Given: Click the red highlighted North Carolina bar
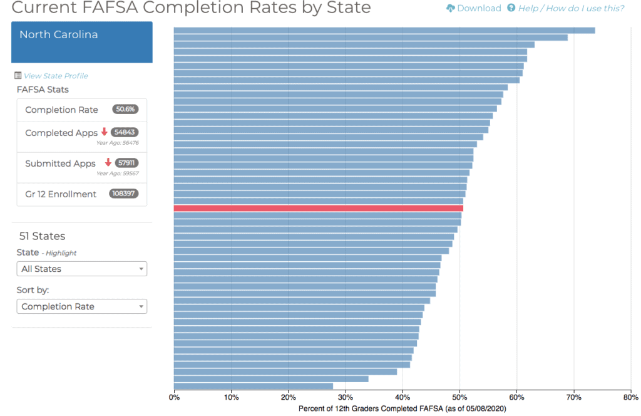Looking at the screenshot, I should point(318,208).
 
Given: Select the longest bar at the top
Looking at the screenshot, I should point(384,30).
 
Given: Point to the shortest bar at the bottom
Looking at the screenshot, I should point(253,386).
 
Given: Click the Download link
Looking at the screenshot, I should point(474,8).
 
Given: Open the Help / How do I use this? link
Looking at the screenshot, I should point(570,8).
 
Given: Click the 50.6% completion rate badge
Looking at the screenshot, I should point(125,110).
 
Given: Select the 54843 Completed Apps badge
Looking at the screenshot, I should point(125,132).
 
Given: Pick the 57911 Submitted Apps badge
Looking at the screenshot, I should point(126,163).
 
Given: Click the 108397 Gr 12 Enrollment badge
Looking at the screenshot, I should point(123,194).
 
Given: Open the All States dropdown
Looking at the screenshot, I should point(81,269).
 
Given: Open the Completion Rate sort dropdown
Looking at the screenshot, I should point(81,306).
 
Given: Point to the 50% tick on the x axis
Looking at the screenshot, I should point(460,396).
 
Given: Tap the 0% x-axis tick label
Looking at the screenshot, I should point(175,396).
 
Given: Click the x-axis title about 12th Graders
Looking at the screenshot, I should point(402,408).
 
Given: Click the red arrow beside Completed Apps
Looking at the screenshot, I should point(105,132).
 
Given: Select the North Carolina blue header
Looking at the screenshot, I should point(82,42).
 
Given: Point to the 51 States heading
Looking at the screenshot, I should point(43,236).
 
